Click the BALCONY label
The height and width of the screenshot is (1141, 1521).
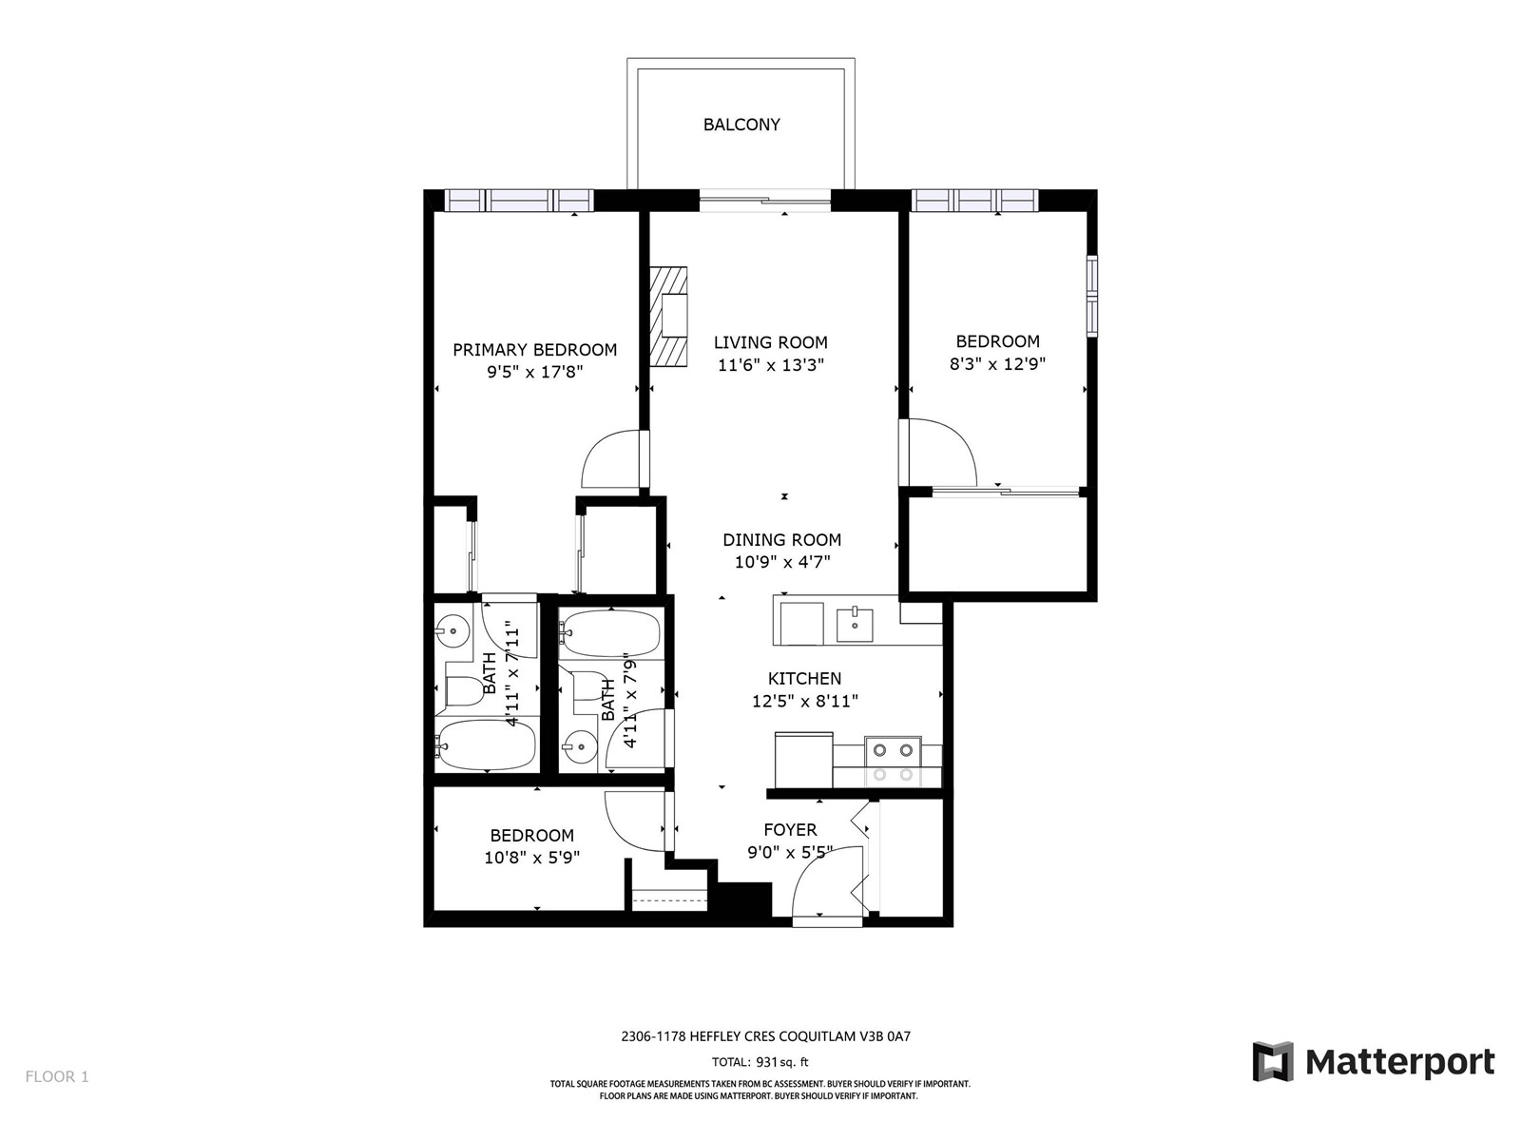coord(741,125)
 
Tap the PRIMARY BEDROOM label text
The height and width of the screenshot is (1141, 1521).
coord(535,350)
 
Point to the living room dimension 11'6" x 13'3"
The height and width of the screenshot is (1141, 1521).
coord(771,364)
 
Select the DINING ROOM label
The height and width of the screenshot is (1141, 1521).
coord(781,540)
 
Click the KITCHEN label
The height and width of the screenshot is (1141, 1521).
coord(804,678)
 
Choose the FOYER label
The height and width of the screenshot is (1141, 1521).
coord(790,829)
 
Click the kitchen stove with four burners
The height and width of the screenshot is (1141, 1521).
coord(894,762)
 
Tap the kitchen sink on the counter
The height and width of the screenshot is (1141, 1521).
coord(855,624)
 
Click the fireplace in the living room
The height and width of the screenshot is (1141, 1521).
coord(668,317)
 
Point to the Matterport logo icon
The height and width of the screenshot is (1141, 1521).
coord(1273,1060)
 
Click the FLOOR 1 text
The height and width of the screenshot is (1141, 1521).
coord(57,1076)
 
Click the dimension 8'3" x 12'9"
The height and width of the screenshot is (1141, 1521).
coord(997,364)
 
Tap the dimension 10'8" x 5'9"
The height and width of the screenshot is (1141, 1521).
coord(531,858)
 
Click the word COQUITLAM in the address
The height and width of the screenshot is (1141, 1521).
coord(817,1036)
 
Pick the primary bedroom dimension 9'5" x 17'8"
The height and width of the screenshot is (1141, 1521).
coord(535,372)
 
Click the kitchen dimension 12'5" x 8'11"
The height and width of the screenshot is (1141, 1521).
coord(805,701)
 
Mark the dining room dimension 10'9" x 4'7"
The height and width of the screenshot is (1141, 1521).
coord(782,562)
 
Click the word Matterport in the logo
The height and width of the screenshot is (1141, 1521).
coord(1399,1062)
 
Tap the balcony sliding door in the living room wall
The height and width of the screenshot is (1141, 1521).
coord(765,201)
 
